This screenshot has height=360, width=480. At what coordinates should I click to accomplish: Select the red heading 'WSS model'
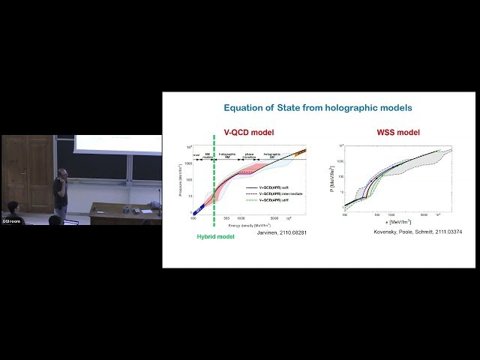click(397, 133)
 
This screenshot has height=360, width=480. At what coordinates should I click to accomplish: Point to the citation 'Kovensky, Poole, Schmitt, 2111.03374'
click(407, 232)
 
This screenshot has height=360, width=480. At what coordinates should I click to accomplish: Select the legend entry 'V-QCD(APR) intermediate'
click(283, 195)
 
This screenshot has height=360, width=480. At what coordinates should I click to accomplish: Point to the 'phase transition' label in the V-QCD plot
click(250, 156)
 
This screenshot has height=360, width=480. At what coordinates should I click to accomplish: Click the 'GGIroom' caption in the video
click(10, 220)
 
